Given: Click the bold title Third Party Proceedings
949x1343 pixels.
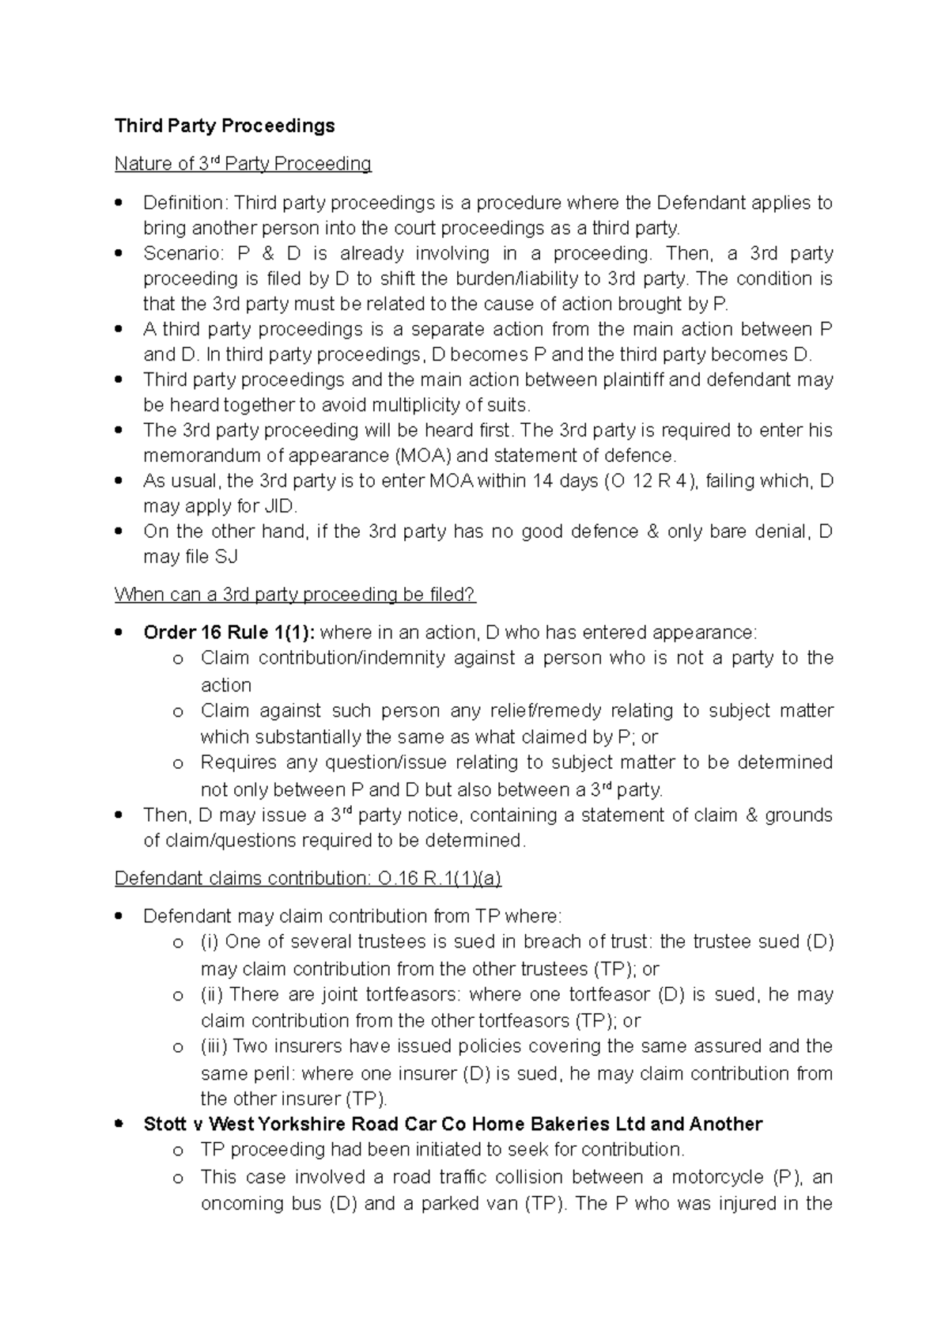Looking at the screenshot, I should (225, 126).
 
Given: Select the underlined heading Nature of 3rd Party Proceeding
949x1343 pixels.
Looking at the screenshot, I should (243, 164).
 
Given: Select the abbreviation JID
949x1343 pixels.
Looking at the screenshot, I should (282, 506).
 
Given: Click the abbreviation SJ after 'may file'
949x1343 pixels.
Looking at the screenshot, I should (225, 557).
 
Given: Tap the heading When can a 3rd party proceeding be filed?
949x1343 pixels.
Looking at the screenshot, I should (295, 594).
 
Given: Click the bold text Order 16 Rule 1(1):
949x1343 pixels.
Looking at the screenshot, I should (229, 632).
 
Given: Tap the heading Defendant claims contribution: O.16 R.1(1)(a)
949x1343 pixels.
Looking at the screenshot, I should (308, 878).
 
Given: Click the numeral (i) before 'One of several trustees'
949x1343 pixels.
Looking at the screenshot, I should (210, 941).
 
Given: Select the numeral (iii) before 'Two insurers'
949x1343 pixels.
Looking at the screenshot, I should (214, 1046).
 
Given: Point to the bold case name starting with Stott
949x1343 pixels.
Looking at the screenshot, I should (452, 1124).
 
